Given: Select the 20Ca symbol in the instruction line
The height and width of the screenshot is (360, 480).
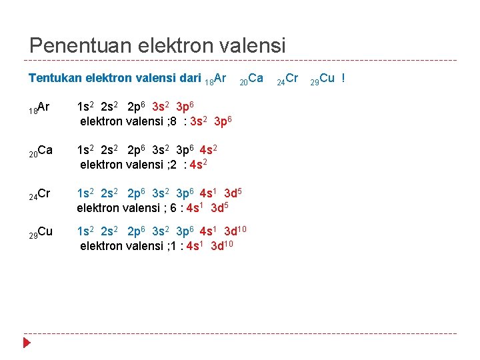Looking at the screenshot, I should (251, 79).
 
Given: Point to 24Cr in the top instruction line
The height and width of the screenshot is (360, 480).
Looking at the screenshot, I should (288, 79).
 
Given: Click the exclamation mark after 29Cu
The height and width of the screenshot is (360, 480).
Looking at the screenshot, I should (343, 78).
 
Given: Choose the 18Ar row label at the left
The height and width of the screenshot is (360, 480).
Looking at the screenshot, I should (40, 107).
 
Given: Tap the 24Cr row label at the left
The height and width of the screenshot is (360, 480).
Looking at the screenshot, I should (40, 194).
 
